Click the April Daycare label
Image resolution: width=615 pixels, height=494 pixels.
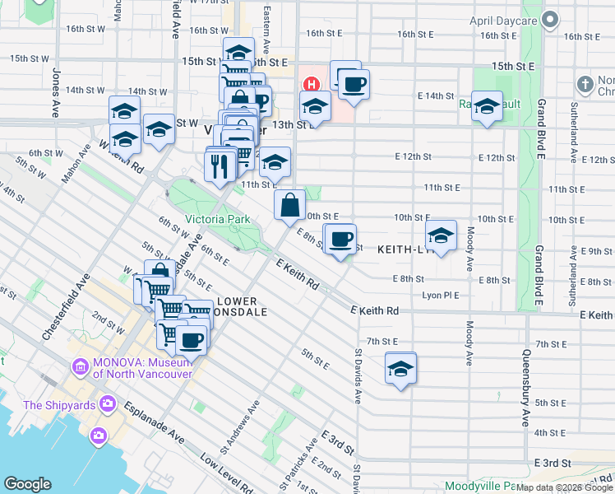coord(502,20)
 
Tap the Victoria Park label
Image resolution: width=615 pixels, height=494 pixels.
coord(217,220)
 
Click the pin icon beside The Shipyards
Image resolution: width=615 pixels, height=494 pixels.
coord(107,403)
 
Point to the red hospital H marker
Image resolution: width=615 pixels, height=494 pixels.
coord(312,84)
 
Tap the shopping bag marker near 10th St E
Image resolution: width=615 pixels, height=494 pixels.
coord(290,206)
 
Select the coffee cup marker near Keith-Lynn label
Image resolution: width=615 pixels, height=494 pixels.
coord(340,240)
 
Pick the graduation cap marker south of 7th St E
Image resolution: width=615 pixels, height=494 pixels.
coord(400,369)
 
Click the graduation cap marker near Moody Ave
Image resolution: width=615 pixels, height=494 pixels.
coord(441,237)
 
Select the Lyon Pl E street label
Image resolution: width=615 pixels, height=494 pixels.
coord(440,295)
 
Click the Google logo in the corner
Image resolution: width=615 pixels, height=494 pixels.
coord(27,484)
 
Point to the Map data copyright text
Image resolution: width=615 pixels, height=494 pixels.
coord(563,488)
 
